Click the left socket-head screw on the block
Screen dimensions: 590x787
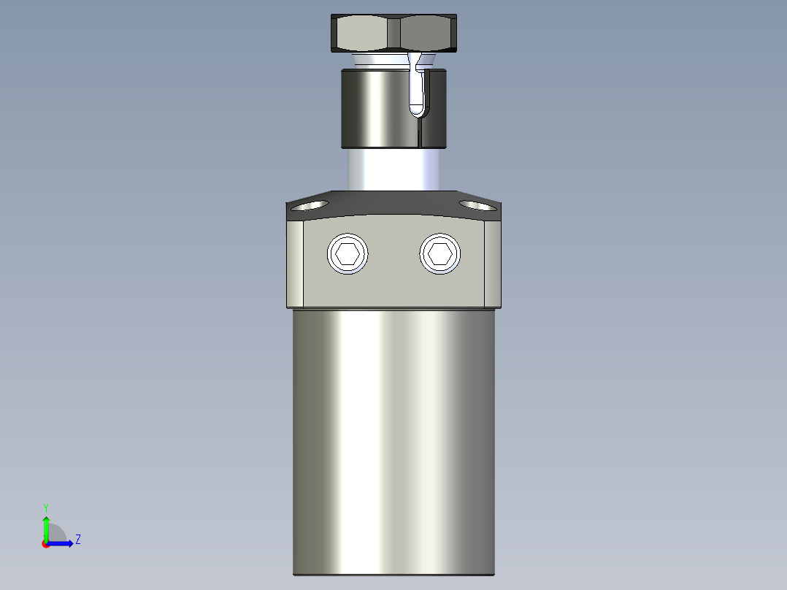pos(348,255)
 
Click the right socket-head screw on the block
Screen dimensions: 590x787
pos(440,254)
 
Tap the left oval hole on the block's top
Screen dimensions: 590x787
pos(310,205)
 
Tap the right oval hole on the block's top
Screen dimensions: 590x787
pos(477,205)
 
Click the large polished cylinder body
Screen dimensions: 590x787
pos(394,438)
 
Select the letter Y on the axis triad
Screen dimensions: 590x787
pos(46,507)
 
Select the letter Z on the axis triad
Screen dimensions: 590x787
pos(77,540)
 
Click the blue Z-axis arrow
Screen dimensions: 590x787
pos(62,543)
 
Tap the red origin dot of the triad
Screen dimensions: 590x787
pos(46,544)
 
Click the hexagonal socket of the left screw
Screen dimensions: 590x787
pos(348,255)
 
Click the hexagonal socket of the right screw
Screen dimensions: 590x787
pos(440,254)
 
